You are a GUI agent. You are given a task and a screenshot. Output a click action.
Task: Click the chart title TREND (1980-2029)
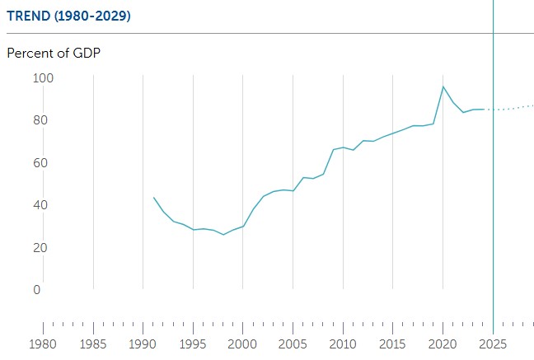[68, 16]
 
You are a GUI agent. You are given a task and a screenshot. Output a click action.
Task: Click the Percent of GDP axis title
[54, 53]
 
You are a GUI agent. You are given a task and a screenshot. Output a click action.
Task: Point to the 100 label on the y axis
[43, 78]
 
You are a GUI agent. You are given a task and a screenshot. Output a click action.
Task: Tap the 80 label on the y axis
[40, 120]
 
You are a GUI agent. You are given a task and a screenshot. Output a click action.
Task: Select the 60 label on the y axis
[40, 163]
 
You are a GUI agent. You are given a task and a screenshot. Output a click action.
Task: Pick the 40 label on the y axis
[40, 204]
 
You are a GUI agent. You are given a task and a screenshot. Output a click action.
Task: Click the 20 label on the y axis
[40, 248]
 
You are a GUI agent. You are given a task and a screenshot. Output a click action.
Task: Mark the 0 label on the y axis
[37, 289]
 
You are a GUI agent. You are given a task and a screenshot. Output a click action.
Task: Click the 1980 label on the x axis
[43, 344]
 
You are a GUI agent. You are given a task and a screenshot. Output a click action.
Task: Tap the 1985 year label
[93, 344]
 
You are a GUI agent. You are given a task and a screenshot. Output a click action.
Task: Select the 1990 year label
[143, 344]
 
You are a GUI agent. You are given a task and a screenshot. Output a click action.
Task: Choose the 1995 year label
[193, 344]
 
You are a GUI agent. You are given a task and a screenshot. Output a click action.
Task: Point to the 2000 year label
[242, 344]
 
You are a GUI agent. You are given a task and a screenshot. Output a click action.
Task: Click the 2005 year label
[293, 344]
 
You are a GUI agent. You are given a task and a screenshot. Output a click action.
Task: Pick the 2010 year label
[343, 344]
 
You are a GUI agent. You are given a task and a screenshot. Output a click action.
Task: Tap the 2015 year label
[392, 344]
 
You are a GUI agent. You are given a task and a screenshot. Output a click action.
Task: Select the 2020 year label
[443, 344]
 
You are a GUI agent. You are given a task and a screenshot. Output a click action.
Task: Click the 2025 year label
[493, 344]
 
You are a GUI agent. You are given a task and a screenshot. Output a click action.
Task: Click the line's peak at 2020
[443, 86]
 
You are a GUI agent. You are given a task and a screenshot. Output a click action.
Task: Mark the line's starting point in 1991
[154, 198]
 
